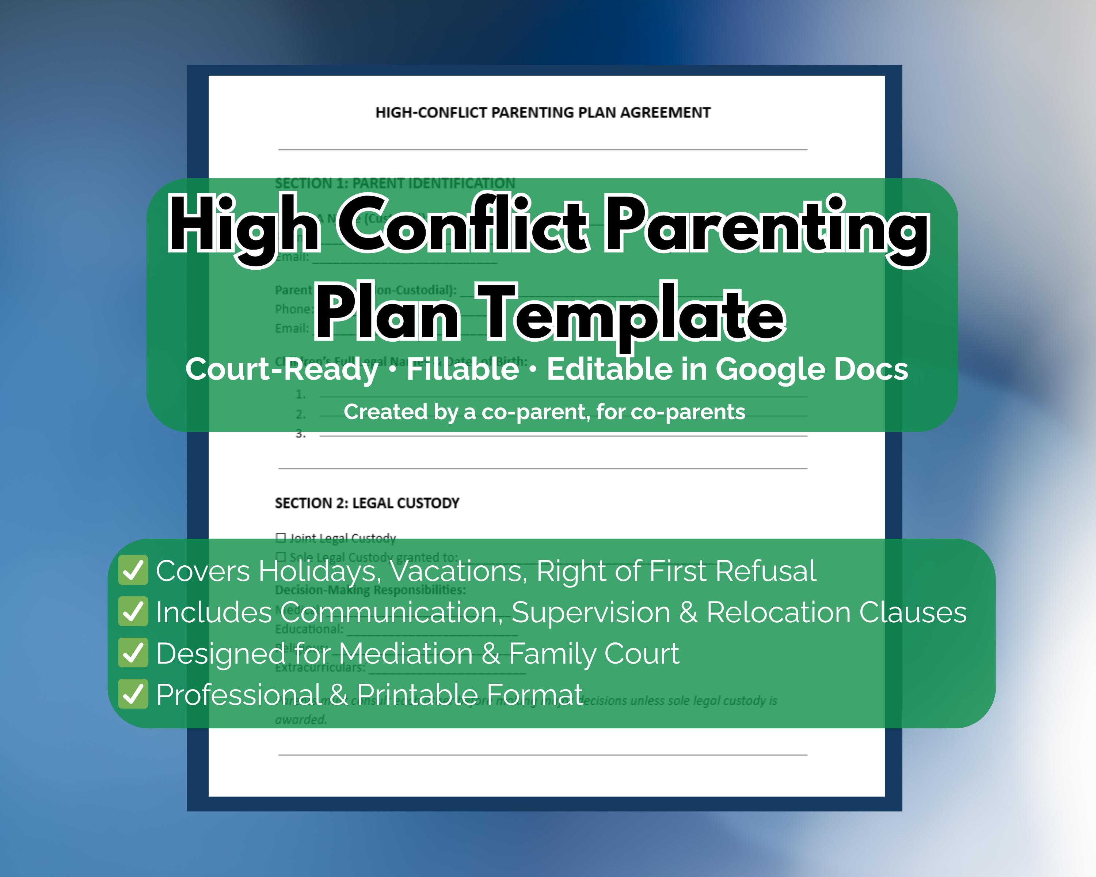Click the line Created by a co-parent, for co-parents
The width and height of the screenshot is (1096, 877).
click(x=544, y=412)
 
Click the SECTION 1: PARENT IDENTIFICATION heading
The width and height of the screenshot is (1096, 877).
click(x=395, y=183)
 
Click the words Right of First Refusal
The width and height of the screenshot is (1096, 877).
click(x=676, y=571)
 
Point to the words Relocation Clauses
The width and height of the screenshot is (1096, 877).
click(x=836, y=612)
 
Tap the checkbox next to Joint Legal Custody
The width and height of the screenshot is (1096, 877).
click(x=281, y=538)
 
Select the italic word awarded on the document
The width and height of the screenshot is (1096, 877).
click(x=300, y=720)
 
